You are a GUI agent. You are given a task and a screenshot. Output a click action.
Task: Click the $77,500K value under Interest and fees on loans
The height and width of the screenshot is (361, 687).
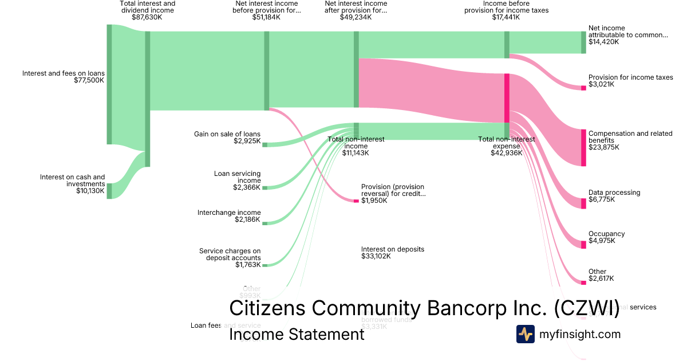[89, 80]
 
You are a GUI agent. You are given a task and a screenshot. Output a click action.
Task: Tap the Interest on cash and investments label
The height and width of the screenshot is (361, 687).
[72, 180]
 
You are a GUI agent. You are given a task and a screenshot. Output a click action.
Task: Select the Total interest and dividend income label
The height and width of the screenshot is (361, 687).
[147, 7]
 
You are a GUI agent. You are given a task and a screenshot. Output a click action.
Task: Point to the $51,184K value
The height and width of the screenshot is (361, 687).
[266, 17]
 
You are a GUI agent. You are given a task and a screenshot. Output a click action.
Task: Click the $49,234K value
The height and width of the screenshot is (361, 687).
[356, 17]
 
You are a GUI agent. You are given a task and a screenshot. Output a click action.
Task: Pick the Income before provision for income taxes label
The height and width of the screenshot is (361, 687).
[506, 7]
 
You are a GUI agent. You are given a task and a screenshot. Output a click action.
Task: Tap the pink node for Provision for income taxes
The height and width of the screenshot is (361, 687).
[583, 88]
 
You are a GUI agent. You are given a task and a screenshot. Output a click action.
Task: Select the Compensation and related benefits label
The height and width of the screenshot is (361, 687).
[630, 136]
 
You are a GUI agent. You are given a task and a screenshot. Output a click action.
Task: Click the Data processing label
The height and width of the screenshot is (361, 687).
[614, 193]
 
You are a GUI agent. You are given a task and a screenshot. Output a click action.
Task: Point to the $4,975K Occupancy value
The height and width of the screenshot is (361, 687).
[602, 241]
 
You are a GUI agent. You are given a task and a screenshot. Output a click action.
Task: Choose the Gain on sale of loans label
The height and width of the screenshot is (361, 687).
[227, 134]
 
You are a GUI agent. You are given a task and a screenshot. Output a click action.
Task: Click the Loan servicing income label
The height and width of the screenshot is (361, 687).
[237, 176]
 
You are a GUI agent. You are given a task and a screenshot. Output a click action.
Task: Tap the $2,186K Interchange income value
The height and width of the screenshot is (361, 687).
[247, 219]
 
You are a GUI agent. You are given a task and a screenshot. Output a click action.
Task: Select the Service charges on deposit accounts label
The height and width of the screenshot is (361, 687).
[230, 254]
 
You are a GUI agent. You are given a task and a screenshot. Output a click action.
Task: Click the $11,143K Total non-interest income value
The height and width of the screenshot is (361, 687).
[356, 153]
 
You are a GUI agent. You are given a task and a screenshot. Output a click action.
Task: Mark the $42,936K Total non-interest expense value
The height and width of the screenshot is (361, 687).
[507, 153]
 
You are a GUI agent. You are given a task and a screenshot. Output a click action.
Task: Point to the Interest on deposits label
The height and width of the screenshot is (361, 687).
[392, 249]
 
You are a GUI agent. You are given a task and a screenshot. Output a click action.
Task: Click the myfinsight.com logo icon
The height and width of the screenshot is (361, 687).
[525, 334]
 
